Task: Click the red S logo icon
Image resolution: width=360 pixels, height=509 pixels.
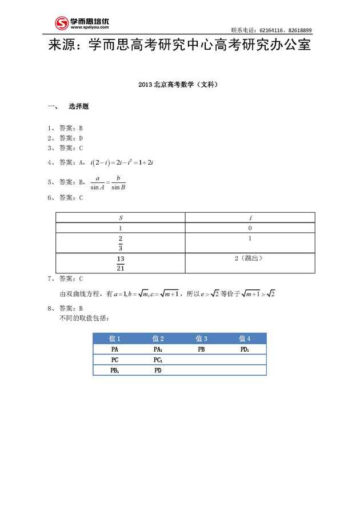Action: pyautogui.click(x=61, y=23)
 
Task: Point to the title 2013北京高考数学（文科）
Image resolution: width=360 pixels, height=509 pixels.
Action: pyautogui.click(x=179, y=85)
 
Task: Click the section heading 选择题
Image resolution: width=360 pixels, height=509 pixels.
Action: pyautogui.click(x=78, y=107)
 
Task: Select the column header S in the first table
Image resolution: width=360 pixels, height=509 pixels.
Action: pyautogui.click(x=121, y=217)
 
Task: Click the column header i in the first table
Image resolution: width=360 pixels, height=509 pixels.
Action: pyautogui.click(x=250, y=217)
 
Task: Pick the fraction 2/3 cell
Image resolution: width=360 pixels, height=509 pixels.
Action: pyautogui.click(x=121, y=243)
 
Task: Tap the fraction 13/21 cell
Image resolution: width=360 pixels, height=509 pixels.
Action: pyautogui.click(x=121, y=263)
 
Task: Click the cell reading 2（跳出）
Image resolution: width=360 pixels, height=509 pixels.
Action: pyautogui.click(x=250, y=259)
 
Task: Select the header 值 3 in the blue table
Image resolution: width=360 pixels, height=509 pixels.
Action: pyautogui.click(x=201, y=338)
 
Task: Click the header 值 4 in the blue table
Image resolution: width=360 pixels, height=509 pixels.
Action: pyautogui.click(x=245, y=338)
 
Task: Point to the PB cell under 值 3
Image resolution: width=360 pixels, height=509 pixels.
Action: pyautogui.click(x=201, y=349)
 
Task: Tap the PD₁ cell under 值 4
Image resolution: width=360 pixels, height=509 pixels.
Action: pyautogui.click(x=245, y=349)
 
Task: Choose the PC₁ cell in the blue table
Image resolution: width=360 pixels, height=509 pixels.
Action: pyautogui.click(x=158, y=360)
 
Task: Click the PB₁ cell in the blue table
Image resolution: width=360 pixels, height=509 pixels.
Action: pyautogui.click(x=115, y=371)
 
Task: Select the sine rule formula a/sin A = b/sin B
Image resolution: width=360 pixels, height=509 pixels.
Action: pyautogui.click(x=108, y=182)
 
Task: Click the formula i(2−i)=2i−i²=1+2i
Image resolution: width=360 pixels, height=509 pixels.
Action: pyautogui.click(x=122, y=163)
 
